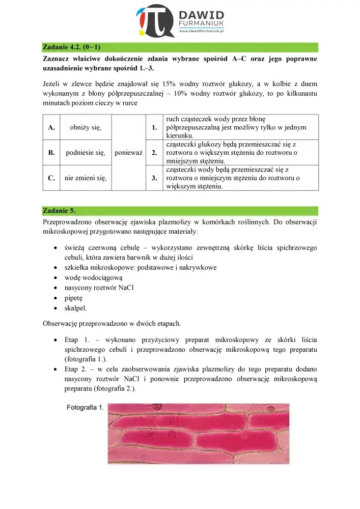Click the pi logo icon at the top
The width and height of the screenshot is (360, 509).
(x=155, y=21)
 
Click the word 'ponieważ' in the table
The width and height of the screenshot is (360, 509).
(x=129, y=152)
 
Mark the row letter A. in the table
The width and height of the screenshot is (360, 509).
(x=51, y=127)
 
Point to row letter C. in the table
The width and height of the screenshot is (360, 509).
(x=51, y=178)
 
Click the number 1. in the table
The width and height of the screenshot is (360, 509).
(x=154, y=127)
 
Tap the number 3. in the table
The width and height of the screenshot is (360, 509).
(x=154, y=178)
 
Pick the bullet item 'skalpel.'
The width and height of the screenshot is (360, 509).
(x=76, y=308)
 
